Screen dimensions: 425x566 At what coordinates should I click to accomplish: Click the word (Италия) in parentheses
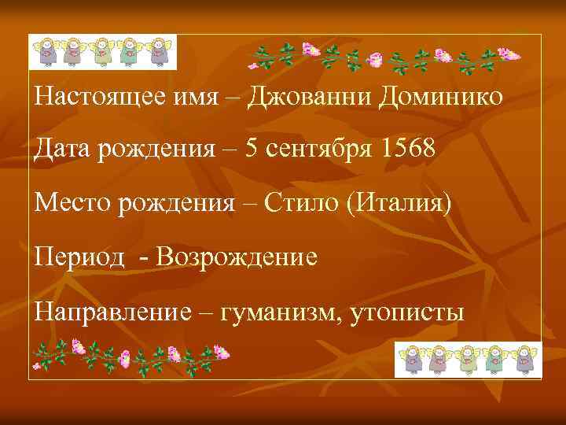coord(404,204)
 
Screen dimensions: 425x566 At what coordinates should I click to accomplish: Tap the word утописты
coord(406,311)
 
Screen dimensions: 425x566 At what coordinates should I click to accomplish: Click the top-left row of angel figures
coord(102,53)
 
